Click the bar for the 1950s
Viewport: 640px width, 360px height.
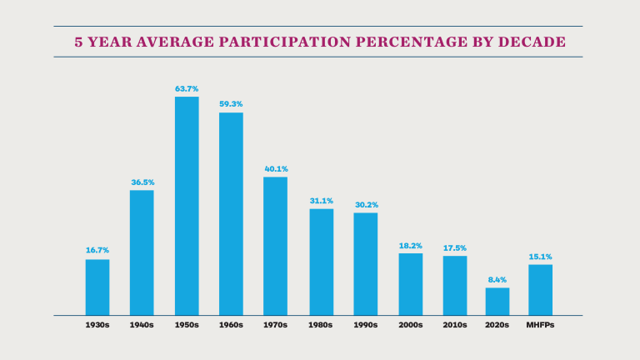pos(187,206)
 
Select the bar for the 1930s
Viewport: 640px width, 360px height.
pos(97,287)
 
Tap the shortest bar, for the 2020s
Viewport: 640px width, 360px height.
pos(497,301)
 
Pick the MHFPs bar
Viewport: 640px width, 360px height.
pos(540,289)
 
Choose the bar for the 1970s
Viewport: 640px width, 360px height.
pos(276,246)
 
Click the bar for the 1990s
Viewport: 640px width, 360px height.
pos(365,263)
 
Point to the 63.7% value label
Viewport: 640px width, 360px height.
pos(187,87)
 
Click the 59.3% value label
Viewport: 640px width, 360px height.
pos(231,103)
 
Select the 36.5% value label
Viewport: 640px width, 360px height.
pos(142,182)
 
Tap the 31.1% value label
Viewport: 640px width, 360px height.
pos(321,200)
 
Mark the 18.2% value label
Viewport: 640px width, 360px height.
pos(410,245)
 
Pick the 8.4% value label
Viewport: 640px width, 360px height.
pos(497,279)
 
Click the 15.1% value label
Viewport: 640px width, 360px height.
pos(540,256)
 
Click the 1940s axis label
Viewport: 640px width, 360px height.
pos(142,325)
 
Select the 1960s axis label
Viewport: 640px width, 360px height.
pos(231,325)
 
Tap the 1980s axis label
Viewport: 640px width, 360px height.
pos(321,325)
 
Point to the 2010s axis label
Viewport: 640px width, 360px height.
pos(454,325)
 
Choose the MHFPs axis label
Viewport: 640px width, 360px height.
pos(540,325)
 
